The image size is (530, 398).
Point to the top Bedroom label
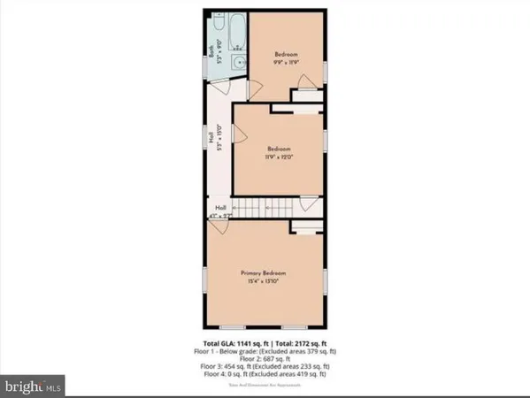coord(284,54)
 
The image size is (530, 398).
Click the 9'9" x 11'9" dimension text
coord(284,62)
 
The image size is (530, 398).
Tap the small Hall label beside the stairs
coord(219,210)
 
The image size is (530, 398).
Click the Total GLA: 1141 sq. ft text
coord(230,341)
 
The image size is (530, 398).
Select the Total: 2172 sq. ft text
coord(302,341)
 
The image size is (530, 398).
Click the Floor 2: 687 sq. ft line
coord(265,357)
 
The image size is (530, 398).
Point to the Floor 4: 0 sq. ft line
coord(265,373)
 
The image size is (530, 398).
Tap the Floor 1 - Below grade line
coord(265,349)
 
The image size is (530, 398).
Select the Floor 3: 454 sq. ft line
coord(265,365)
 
